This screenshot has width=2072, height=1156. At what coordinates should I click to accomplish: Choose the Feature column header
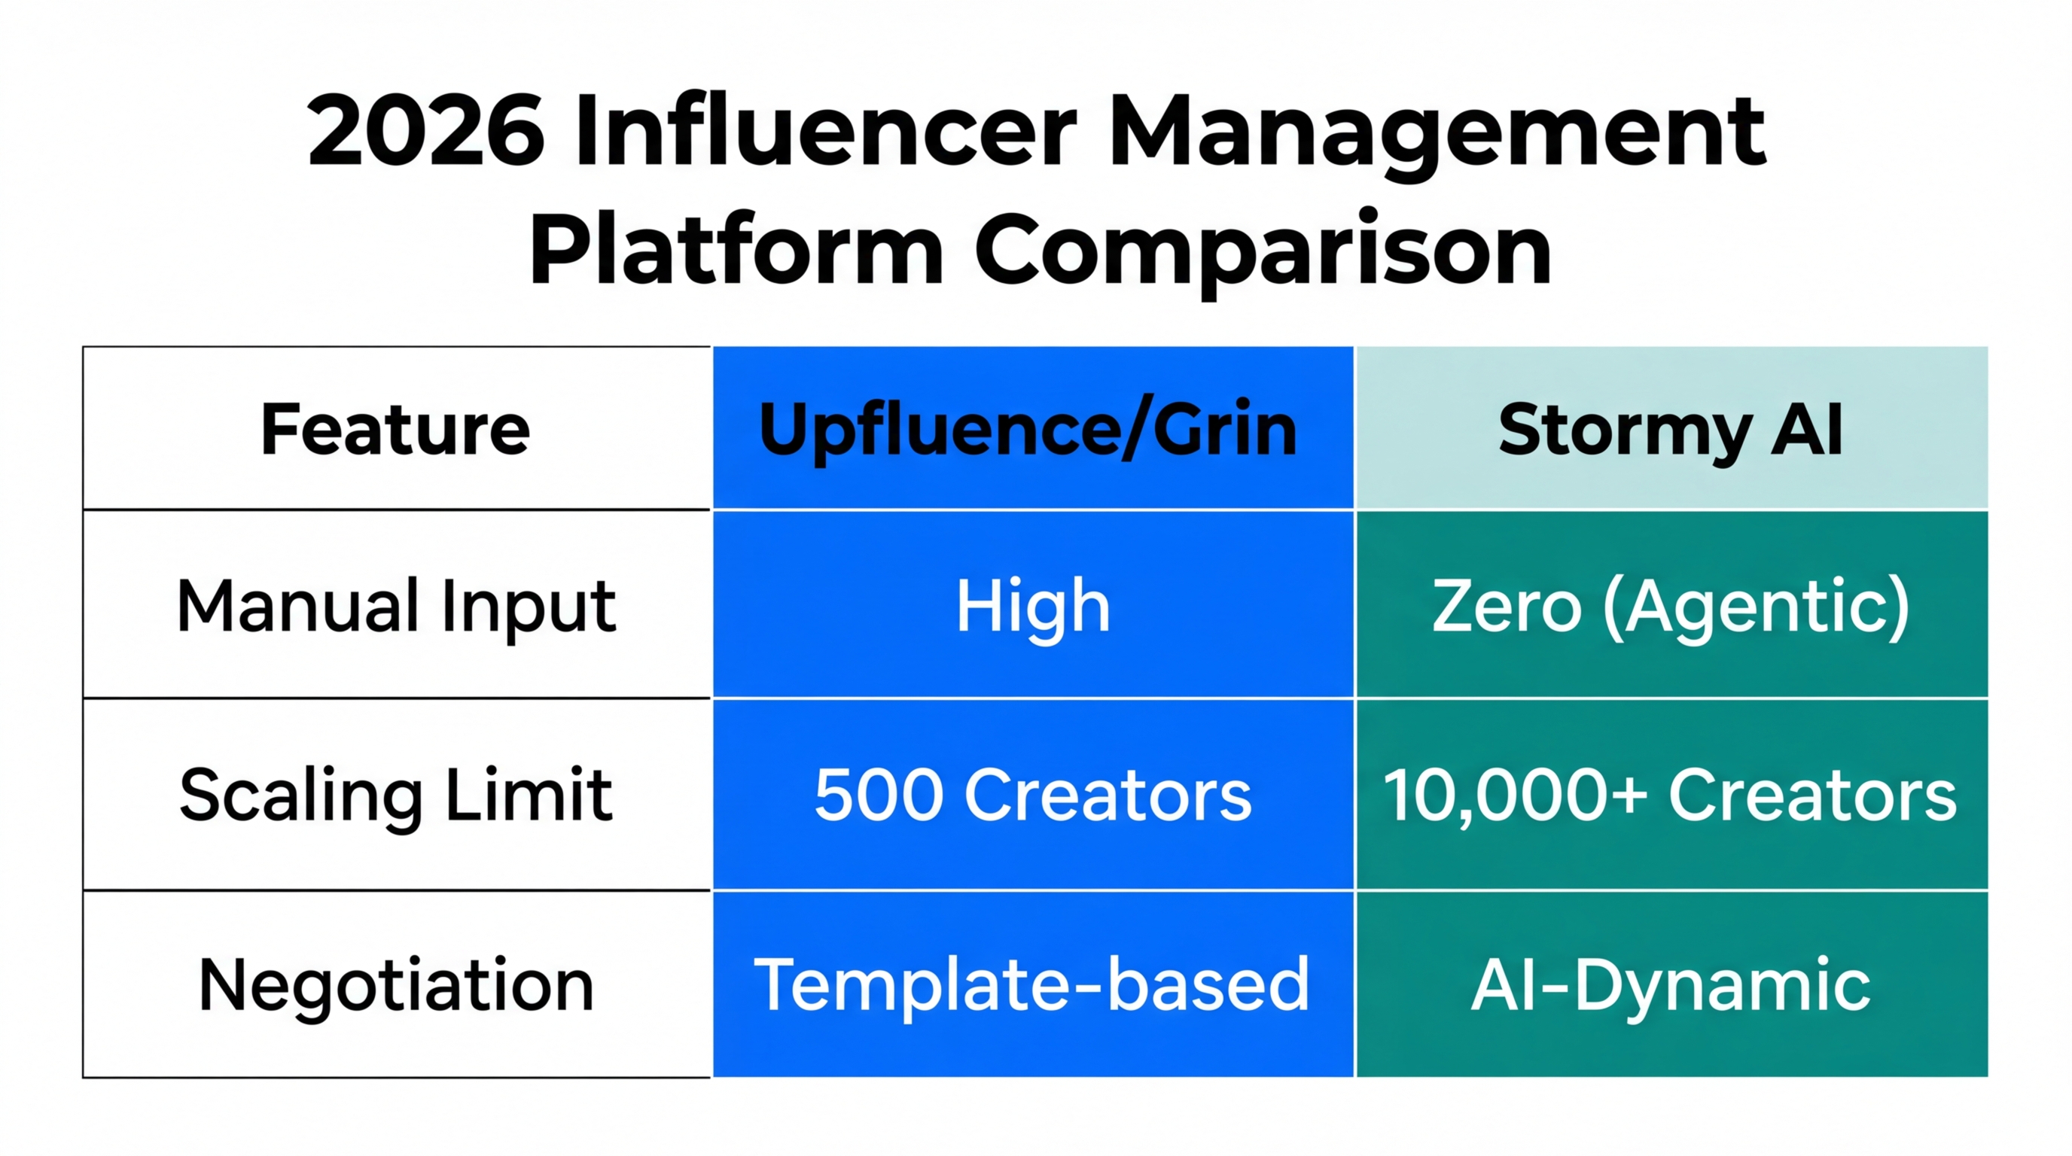click(x=396, y=429)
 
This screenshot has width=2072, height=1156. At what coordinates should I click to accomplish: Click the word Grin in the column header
click(x=1224, y=429)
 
